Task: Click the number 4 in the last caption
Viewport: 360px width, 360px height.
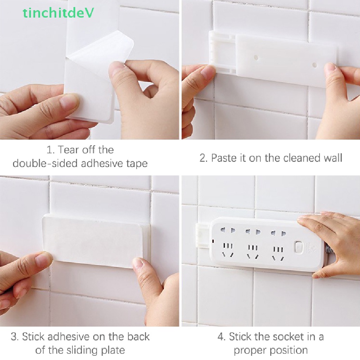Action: click(221, 337)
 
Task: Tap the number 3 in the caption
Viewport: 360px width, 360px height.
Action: click(14, 337)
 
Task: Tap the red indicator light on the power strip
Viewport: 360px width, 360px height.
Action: click(213, 241)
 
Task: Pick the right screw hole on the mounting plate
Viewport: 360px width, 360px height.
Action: click(315, 65)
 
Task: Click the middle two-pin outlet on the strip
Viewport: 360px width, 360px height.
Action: click(251, 232)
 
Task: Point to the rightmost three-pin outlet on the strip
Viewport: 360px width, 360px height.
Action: click(277, 252)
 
